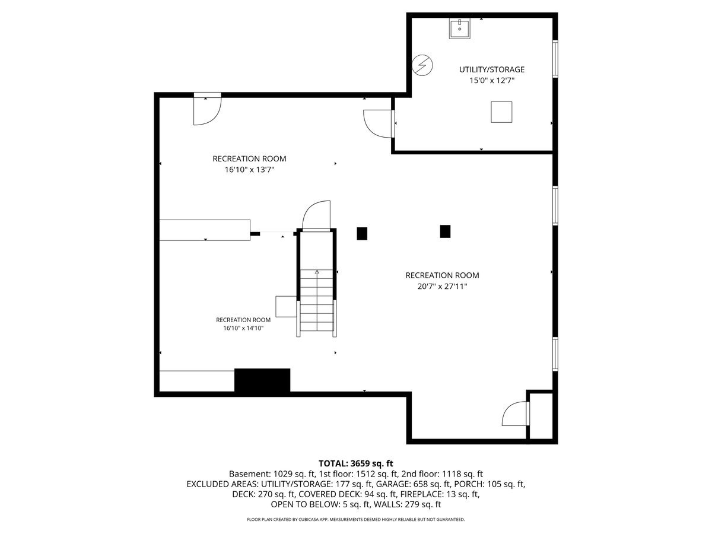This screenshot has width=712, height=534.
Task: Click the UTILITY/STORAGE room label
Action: click(x=491, y=69)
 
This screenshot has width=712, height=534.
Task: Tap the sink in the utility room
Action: click(x=460, y=28)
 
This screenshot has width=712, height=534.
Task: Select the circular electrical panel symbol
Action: click(x=422, y=65)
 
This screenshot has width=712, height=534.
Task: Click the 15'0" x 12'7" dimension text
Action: click(x=492, y=81)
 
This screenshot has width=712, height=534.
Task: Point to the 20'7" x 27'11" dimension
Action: click(x=442, y=287)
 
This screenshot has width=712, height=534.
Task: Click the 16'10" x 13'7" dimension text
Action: click(x=249, y=170)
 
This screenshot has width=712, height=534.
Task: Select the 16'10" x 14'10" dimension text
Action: click(x=243, y=328)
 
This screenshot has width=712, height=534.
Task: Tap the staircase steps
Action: click(x=317, y=300)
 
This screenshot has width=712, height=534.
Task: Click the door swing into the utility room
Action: click(x=379, y=124)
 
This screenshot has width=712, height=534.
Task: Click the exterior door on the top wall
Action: click(x=207, y=109)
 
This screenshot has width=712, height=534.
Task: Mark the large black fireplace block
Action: click(x=262, y=380)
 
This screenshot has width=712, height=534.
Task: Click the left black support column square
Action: click(x=362, y=233)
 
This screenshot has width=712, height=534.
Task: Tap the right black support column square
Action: click(x=445, y=231)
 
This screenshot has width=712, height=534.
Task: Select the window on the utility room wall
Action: click(x=555, y=59)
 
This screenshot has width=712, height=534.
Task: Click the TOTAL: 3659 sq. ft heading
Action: click(x=356, y=463)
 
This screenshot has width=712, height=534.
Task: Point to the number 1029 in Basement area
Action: click(x=284, y=473)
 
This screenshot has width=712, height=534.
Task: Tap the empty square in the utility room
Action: click(x=501, y=112)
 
